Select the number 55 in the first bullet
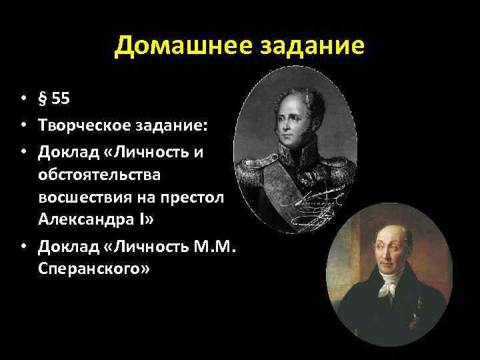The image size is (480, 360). click(x=60, y=99)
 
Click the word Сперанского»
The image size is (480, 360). click(x=94, y=271)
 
